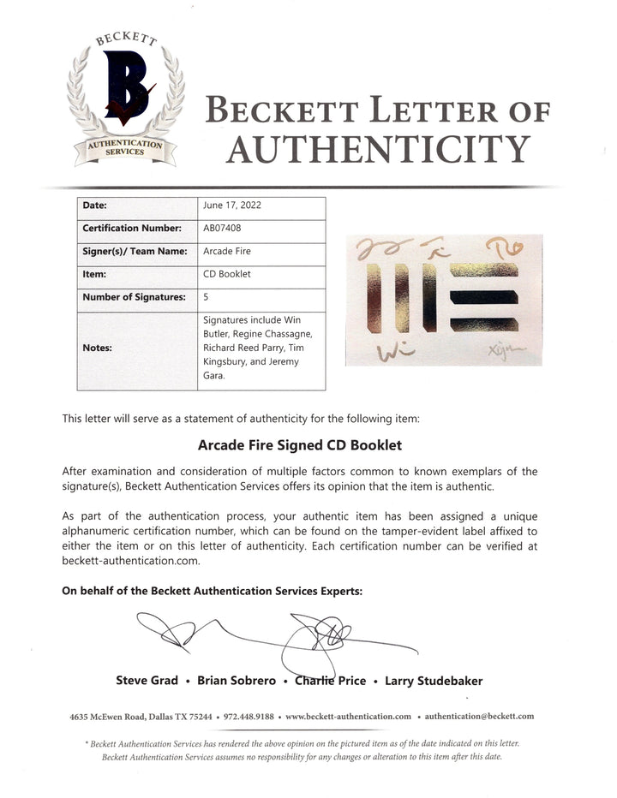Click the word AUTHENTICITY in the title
pyautogui.click(x=377, y=151)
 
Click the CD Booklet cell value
pyautogui.click(x=226, y=276)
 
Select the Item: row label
pyautogui.click(x=95, y=276)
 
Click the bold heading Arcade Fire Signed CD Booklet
pyautogui.click(x=300, y=446)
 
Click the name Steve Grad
pyautogui.click(x=147, y=681)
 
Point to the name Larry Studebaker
pyautogui.click(x=433, y=681)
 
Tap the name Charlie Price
pyautogui.click(x=330, y=681)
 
